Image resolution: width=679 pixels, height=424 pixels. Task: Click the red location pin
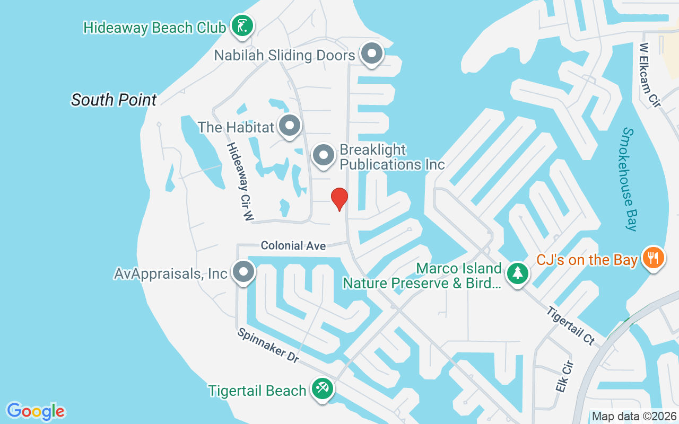(x=339, y=199)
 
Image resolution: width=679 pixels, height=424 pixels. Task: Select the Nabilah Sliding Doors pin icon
(x=372, y=54)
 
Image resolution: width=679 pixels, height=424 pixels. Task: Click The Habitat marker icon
(x=290, y=126)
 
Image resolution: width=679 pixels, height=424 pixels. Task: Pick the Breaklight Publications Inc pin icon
(x=324, y=156)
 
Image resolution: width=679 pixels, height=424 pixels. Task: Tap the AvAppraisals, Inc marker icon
(x=243, y=272)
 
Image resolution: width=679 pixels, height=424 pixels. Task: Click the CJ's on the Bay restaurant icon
(x=654, y=259)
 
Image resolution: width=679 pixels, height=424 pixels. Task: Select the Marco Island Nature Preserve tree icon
(x=517, y=273)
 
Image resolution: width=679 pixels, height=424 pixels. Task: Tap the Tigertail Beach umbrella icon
(x=321, y=389)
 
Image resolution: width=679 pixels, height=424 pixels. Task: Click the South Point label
(x=114, y=100)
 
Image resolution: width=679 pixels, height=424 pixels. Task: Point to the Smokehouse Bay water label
(x=630, y=179)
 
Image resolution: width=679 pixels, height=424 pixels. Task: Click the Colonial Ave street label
(x=293, y=245)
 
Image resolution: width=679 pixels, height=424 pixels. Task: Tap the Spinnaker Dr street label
(x=268, y=346)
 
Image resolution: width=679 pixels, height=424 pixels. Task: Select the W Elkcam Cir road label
(x=650, y=75)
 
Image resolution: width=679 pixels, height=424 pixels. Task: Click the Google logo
(x=36, y=411)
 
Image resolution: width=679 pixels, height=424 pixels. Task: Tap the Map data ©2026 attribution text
(x=634, y=417)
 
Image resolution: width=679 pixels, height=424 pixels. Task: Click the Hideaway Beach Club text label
(x=155, y=28)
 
